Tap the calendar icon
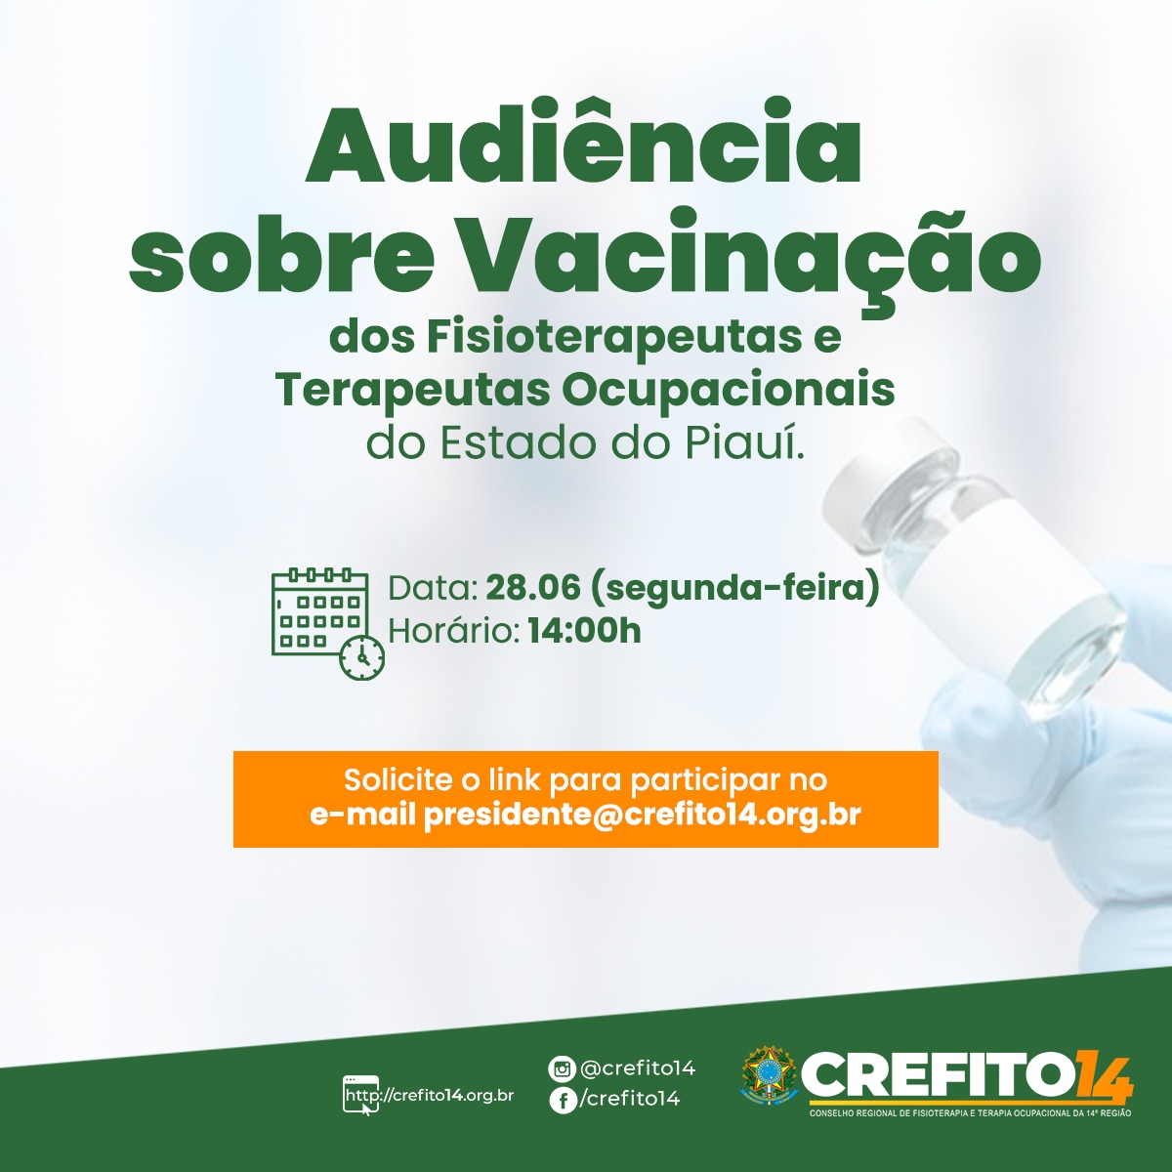pos(327,622)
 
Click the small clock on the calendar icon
pos(362,657)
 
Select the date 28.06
pos(533,589)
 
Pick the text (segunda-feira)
pos(734,590)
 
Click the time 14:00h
pos(584,631)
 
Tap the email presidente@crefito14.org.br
pos(643,815)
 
